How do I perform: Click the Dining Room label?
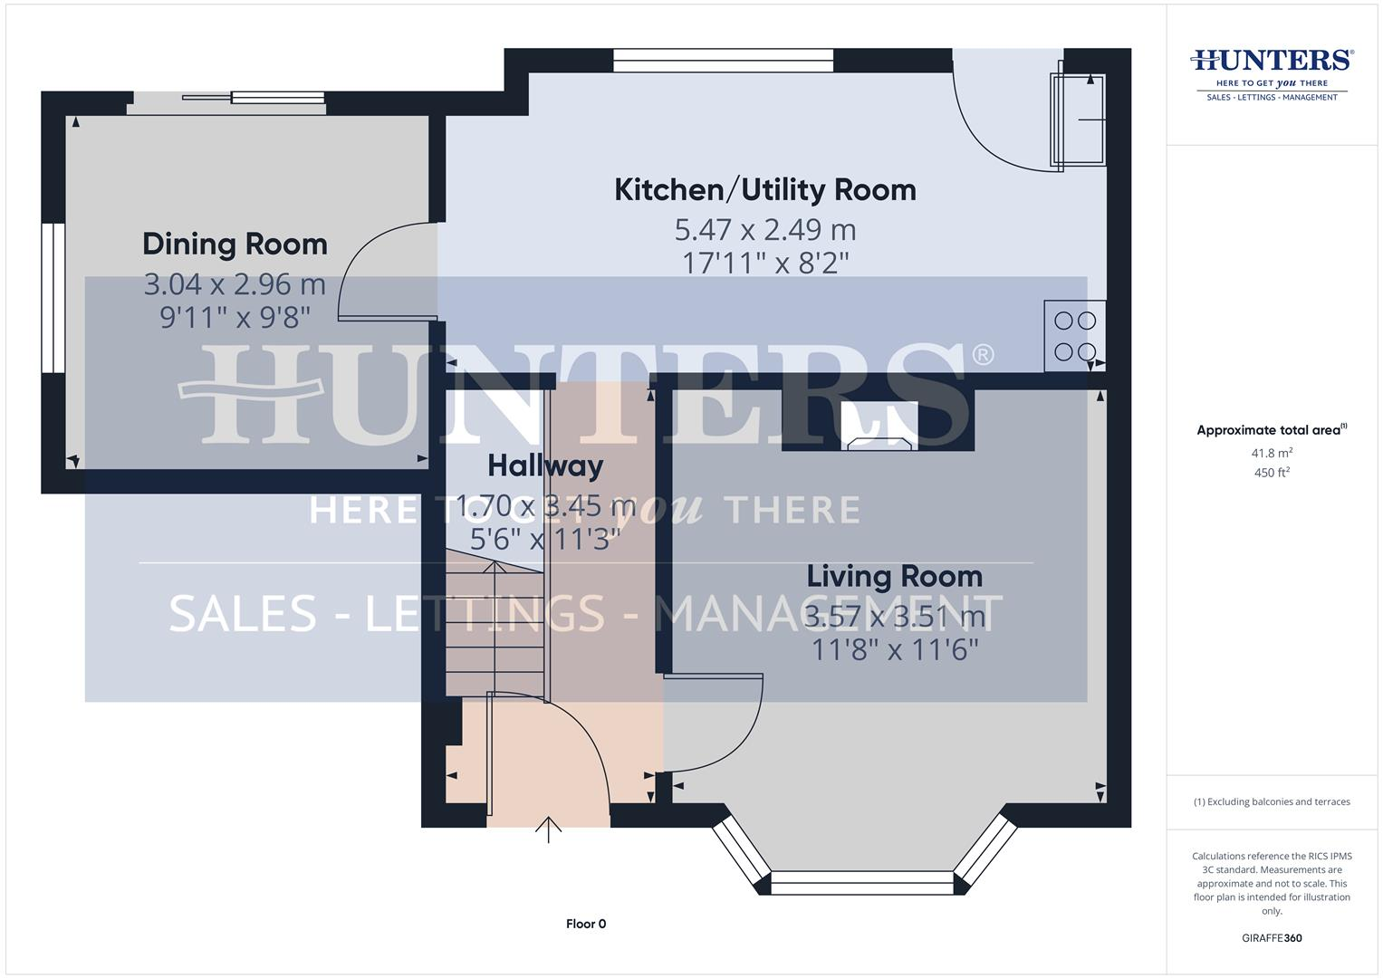point(235,244)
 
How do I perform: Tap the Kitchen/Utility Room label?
point(765,190)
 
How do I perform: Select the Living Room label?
point(894,577)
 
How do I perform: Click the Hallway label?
point(545,466)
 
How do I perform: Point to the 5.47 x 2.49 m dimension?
point(765,230)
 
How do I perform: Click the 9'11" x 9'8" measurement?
point(235,317)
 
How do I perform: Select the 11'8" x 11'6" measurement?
point(894,649)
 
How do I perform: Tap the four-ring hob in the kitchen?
point(1075,336)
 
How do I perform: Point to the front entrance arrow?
point(548,829)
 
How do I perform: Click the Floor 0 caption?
point(586,924)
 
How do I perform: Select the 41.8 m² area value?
point(1272,453)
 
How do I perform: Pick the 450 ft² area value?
point(1272,473)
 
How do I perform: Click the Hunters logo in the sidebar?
point(1272,72)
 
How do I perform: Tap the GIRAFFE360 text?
point(1272,938)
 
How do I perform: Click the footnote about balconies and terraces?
point(1272,801)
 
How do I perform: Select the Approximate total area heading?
point(1272,430)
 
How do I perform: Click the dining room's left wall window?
point(53,298)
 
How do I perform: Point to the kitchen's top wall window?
point(723,60)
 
